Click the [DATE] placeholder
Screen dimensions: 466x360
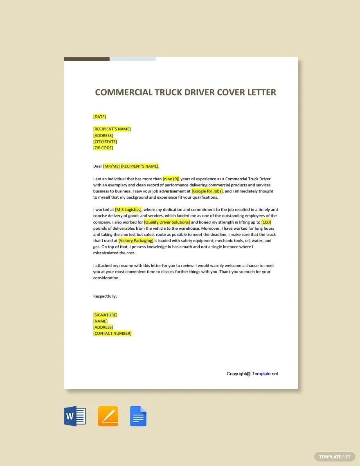tap(99, 117)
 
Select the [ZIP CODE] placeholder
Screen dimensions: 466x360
tap(103, 148)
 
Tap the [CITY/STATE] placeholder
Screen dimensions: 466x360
tap(105, 142)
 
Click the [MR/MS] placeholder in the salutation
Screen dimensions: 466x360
tap(111, 166)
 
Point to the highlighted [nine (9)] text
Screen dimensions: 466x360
tap(171, 179)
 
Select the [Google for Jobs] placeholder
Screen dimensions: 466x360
tap(207, 191)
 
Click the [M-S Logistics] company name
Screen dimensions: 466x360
tap(128, 210)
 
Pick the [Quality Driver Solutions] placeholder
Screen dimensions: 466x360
tap(167, 222)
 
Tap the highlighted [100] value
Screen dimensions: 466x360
tap(266, 222)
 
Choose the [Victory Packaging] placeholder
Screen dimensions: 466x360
tap(136, 241)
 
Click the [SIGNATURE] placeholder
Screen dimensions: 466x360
tap(105, 315)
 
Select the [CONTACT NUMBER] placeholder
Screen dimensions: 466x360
tap(112, 334)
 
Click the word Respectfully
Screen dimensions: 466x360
tap(105, 296)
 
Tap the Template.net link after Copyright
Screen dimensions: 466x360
tap(265, 374)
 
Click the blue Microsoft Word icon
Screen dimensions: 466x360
tap(75, 417)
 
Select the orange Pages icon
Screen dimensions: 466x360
tap(108, 417)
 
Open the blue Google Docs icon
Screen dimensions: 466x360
tap(138, 417)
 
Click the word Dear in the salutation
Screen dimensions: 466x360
tap(97, 166)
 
